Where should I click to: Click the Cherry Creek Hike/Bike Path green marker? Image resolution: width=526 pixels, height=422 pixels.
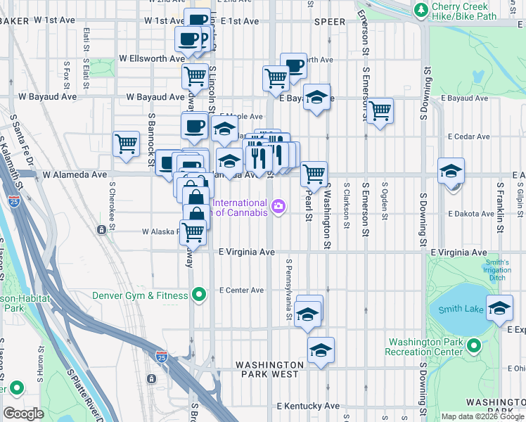pyautogui.click(x=421, y=11)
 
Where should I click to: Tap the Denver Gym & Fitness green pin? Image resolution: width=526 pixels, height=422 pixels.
pyautogui.click(x=199, y=295)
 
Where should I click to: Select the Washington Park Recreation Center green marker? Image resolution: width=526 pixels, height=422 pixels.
pyautogui.click(x=474, y=346)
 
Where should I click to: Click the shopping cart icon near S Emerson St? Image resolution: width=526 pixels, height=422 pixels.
pyautogui.click(x=380, y=110)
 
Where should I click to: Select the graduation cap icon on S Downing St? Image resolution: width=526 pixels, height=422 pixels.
pyautogui.click(x=451, y=170)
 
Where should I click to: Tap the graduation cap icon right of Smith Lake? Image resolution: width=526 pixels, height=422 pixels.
pyautogui.click(x=500, y=309)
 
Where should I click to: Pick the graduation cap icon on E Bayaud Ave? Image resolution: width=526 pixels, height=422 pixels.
pyautogui.click(x=317, y=98)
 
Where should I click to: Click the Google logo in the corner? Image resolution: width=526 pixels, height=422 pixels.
pyautogui.click(x=23, y=414)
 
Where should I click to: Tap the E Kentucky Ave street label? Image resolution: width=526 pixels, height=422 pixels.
pyautogui.click(x=308, y=406)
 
